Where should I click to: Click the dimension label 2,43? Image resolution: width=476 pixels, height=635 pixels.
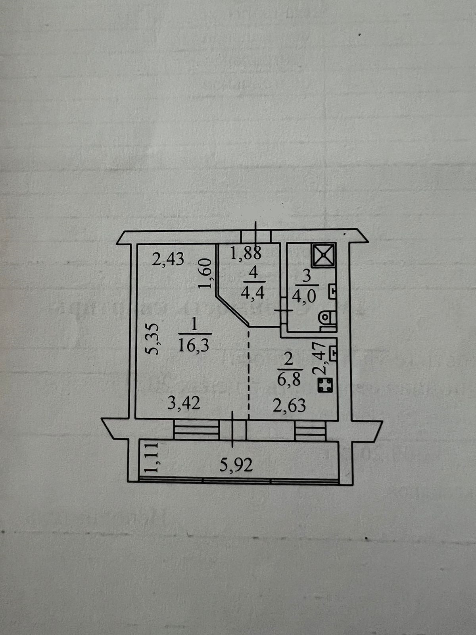(x=169, y=259)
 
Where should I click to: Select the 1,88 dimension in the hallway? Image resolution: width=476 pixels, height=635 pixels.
(x=246, y=252)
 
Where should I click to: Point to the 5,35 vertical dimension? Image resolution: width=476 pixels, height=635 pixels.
(x=152, y=339)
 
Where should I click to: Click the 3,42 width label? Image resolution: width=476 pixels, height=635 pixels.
(x=184, y=403)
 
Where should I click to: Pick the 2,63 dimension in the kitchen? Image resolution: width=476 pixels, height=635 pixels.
(x=289, y=405)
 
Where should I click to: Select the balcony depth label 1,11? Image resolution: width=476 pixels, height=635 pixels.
(x=152, y=459)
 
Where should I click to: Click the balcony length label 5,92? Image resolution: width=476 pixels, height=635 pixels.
(x=236, y=464)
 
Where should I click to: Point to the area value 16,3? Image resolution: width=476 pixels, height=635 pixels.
(x=194, y=346)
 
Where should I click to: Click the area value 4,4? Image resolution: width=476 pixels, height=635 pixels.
(x=253, y=293)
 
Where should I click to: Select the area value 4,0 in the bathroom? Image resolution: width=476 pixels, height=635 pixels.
(x=304, y=296)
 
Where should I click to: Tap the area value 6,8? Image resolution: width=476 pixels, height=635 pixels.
(x=289, y=380)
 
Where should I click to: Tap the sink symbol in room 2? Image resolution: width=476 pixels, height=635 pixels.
(x=333, y=352)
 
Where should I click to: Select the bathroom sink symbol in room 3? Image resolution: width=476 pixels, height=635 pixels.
(x=332, y=292)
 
